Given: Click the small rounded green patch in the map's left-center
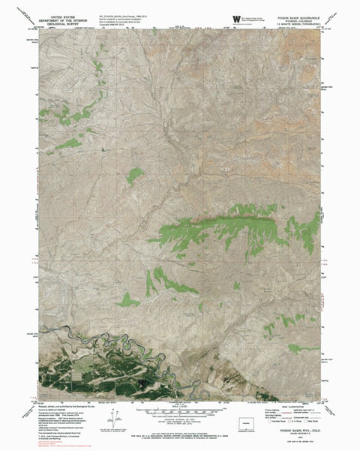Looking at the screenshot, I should [135, 176].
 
